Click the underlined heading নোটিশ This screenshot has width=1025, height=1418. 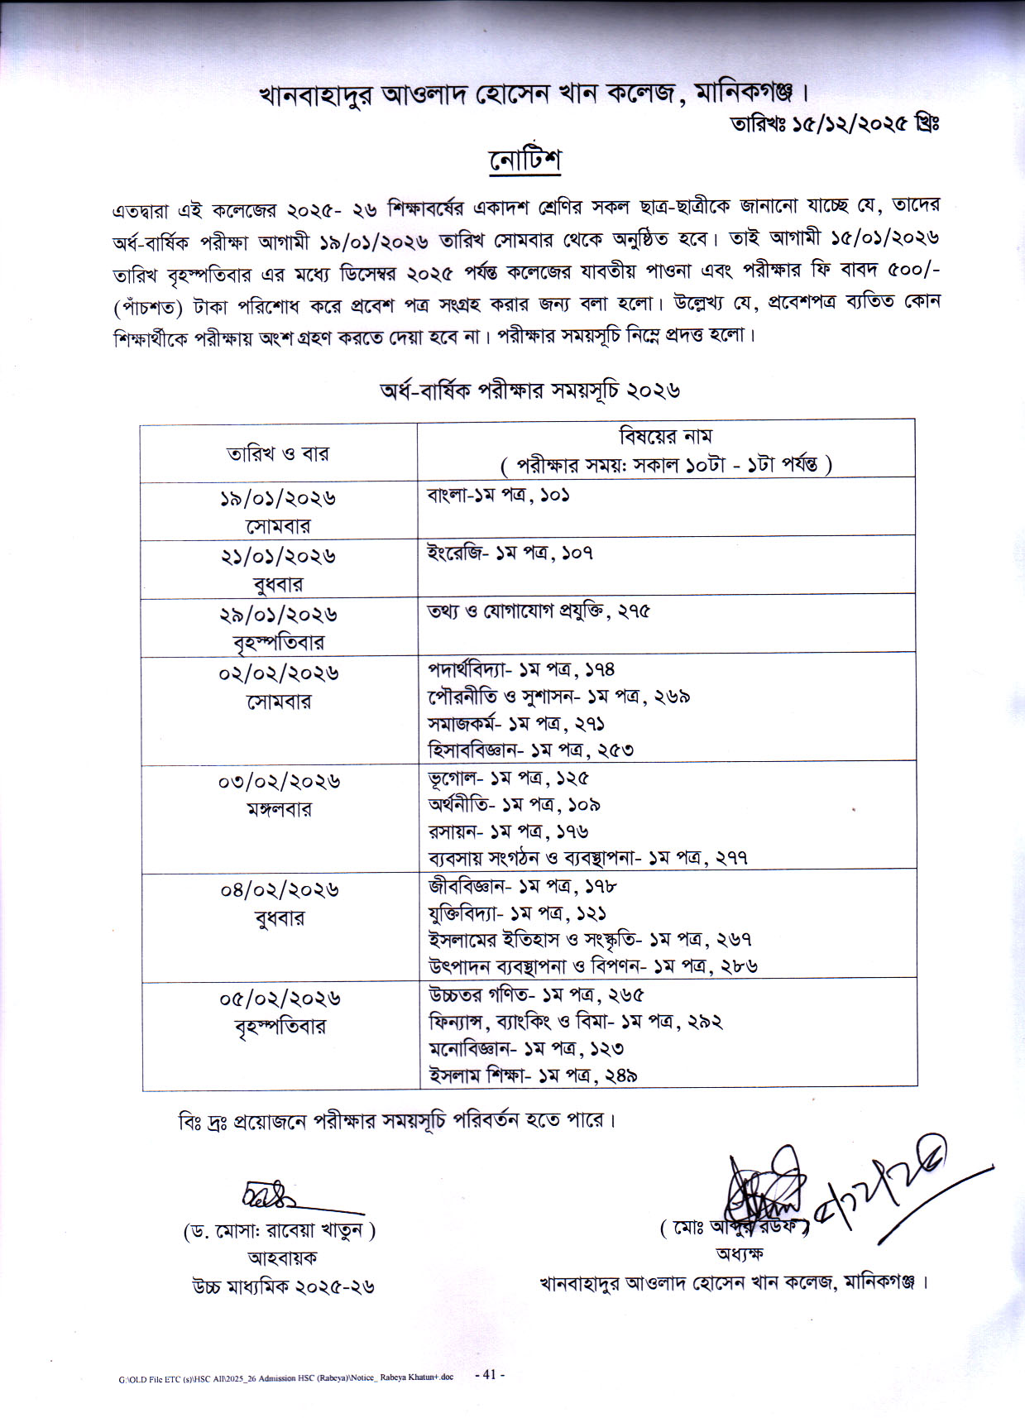(x=525, y=161)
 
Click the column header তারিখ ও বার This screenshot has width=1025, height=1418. (x=278, y=453)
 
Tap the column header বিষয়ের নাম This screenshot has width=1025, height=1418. (x=666, y=436)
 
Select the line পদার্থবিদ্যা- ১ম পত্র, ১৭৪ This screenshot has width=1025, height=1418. (x=521, y=669)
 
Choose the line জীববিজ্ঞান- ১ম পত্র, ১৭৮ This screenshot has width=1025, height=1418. (x=522, y=886)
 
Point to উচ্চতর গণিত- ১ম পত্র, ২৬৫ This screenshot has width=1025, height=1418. (x=535, y=994)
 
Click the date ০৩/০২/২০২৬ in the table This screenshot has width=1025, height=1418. (x=280, y=782)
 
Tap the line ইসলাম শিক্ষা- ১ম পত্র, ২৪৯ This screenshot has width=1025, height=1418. (x=532, y=1075)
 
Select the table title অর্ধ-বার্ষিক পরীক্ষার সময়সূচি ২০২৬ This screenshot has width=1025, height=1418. (x=529, y=391)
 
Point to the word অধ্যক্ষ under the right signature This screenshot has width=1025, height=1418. (x=740, y=1253)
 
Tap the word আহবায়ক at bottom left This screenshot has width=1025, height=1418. (x=282, y=1258)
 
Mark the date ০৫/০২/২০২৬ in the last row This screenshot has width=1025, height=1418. (x=280, y=999)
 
